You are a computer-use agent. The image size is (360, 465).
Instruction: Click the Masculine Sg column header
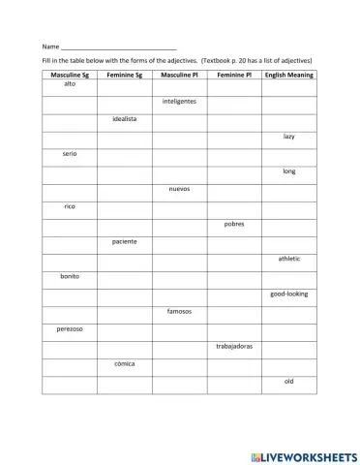69,75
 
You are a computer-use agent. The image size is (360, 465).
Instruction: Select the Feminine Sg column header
124,75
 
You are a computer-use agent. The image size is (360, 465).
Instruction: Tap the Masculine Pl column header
179,75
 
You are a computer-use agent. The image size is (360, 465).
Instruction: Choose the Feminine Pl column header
234,75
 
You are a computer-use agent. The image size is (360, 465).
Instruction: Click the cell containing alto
69,84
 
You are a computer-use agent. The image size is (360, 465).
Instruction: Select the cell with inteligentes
179,101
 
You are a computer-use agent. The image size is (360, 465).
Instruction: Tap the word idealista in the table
124,118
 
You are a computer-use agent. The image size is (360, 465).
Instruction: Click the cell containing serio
69,153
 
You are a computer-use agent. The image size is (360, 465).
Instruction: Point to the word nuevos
179,189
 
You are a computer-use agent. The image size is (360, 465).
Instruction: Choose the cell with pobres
234,224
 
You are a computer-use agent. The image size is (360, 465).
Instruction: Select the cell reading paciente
124,241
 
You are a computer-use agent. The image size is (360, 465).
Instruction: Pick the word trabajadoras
234,346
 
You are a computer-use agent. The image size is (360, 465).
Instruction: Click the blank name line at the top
118,46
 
